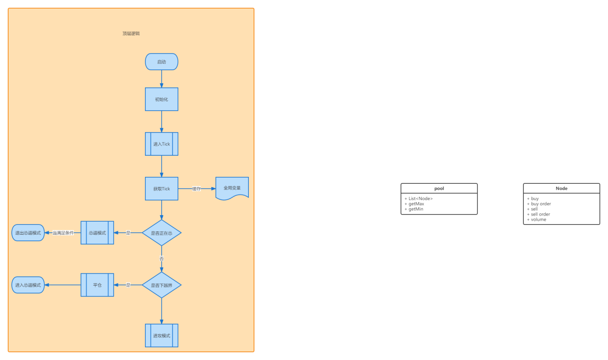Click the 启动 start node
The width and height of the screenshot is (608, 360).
(x=161, y=62)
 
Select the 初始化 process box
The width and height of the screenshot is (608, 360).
(x=161, y=99)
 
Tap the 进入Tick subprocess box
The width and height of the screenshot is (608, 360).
(x=161, y=144)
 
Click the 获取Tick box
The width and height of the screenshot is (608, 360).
(x=161, y=189)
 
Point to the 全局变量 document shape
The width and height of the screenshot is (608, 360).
(x=232, y=188)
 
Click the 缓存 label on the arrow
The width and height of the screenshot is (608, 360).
(x=196, y=189)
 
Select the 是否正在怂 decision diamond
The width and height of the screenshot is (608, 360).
(x=161, y=233)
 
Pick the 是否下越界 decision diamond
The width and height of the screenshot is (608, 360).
(x=161, y=285)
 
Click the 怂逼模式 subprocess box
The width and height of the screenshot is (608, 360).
(x=97, y=233)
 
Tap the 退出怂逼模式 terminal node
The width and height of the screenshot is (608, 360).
(x=28, y=233)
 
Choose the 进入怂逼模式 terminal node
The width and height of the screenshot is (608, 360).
(x=28, y=285)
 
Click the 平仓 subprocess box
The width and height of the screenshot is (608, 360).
(x=97, y=285)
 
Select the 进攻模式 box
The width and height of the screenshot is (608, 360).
(x=161, y=336)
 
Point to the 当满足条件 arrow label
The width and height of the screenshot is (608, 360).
(x=63, y=233)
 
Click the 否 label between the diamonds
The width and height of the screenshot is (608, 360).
(x=161, y=259)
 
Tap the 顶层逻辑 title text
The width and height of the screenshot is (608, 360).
(x=131, y=34)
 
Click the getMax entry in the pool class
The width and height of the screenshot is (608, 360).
(x=416, y=204)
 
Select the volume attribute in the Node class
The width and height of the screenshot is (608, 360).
(x=538, y=219)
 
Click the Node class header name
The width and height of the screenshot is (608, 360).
(x=561, y=188)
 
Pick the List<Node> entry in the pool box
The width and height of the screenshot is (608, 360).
(x=420, y=199)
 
